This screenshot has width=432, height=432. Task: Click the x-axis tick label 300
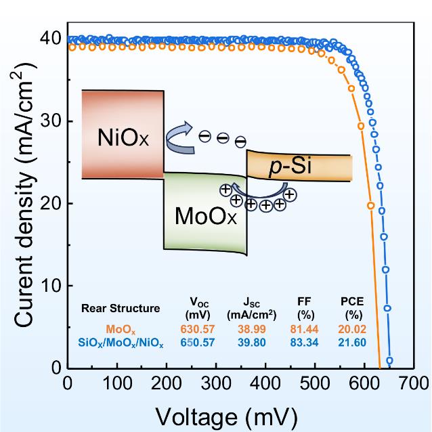(215, 384)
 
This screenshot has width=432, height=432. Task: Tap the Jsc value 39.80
(251, 343)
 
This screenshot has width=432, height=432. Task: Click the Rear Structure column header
(120, 307)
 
